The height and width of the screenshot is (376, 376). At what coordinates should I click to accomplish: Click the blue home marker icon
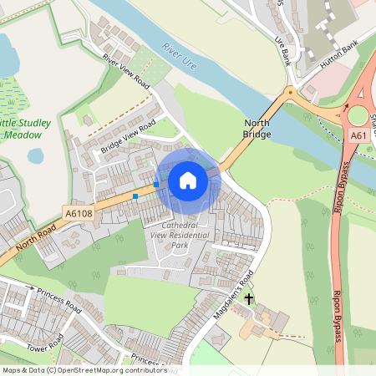[188, 180]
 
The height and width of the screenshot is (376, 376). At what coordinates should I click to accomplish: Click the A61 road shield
[358, 135]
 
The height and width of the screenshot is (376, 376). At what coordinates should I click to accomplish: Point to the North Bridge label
[257, 128]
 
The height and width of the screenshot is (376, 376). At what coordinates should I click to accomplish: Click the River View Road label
[125, 73]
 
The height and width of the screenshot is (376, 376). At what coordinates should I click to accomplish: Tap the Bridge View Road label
[128, 138]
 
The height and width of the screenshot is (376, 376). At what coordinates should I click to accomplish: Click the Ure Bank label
[286, 51]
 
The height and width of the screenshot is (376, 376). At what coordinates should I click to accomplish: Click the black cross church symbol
[249, 297]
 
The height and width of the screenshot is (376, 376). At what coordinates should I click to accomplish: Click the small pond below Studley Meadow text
[36, 155]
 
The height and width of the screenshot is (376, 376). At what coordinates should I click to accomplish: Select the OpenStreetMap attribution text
[84, 370]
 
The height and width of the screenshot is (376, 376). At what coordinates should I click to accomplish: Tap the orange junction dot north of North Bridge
[290, 90]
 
